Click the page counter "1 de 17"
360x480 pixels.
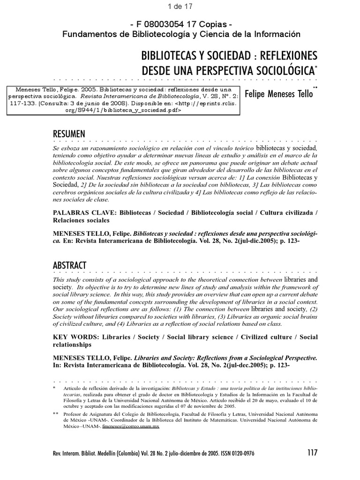click(x=180, y=6)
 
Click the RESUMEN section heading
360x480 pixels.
click(x=69, y=134)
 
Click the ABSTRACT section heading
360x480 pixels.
click(x=69, y=266)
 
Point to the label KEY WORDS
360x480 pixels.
click(x=74, y=337)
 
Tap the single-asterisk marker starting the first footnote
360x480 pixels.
click(x=55, y=388)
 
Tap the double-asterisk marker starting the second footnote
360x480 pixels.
click(x=56, y=414)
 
